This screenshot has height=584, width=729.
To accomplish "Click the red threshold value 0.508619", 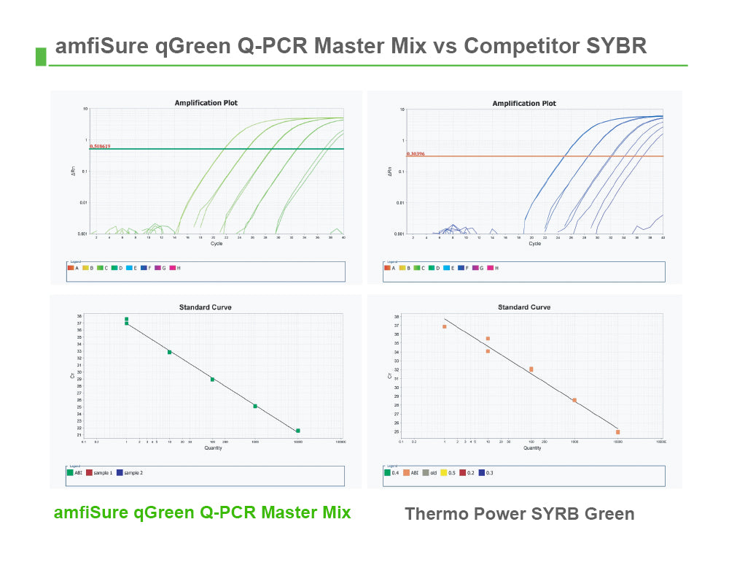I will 100,146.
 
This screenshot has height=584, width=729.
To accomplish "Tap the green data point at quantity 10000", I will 298,431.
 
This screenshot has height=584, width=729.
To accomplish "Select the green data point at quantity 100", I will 212,380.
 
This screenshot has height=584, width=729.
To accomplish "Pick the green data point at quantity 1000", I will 255,406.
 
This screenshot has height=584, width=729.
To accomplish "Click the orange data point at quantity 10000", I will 617,432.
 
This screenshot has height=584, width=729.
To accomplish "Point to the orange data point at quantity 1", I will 445,326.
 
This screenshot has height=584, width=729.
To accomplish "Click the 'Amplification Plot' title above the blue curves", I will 523,104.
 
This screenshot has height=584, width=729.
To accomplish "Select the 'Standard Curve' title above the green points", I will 206,307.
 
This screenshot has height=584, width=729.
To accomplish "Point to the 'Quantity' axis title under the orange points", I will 532,447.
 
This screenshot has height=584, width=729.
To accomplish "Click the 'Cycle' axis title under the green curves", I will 217,243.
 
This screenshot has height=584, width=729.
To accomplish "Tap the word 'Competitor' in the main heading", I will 521,46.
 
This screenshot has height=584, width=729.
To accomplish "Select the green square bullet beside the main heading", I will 41,56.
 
